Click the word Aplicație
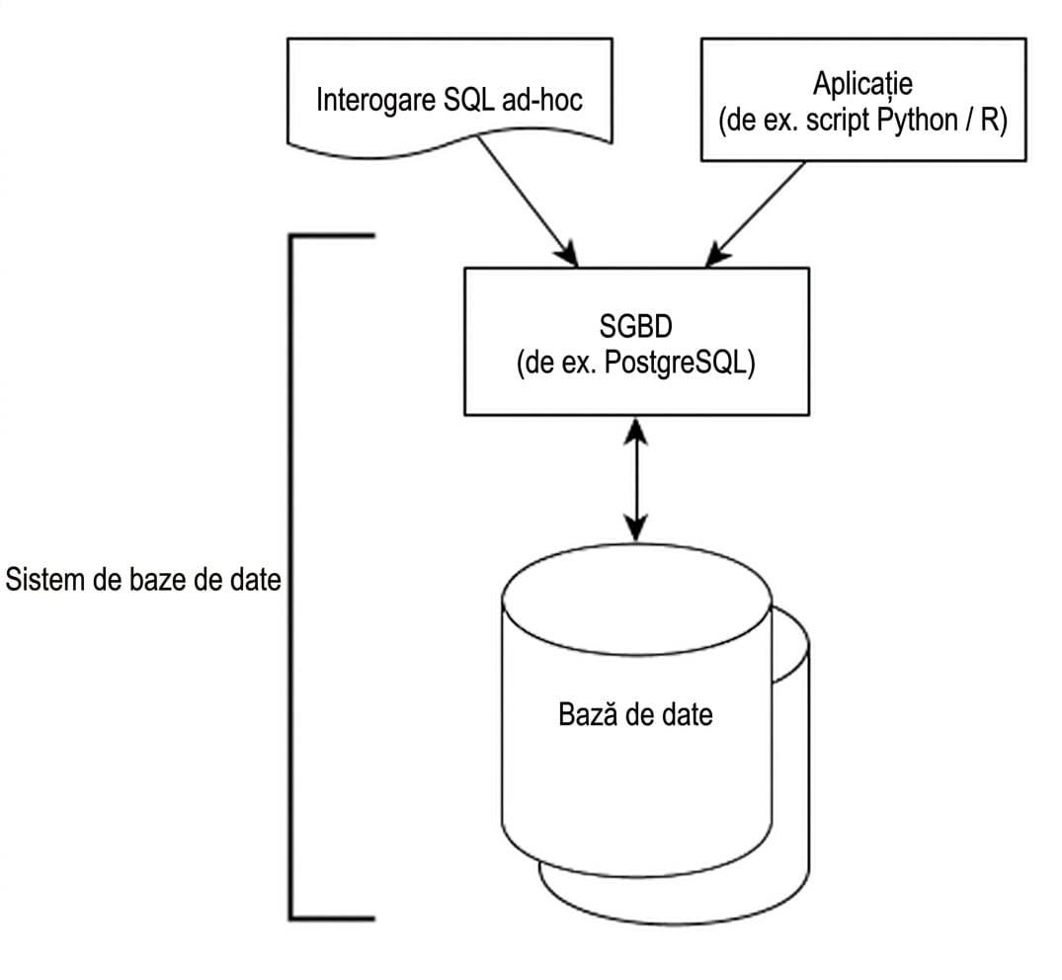862,84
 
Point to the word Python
917,121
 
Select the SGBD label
636,326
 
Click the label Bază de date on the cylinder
635,714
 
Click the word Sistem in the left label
47,580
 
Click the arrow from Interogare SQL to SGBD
528,201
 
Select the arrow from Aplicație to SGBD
755,214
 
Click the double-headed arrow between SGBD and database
636,479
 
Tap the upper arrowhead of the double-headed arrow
636,431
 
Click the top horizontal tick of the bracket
332,236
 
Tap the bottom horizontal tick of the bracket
332,919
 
